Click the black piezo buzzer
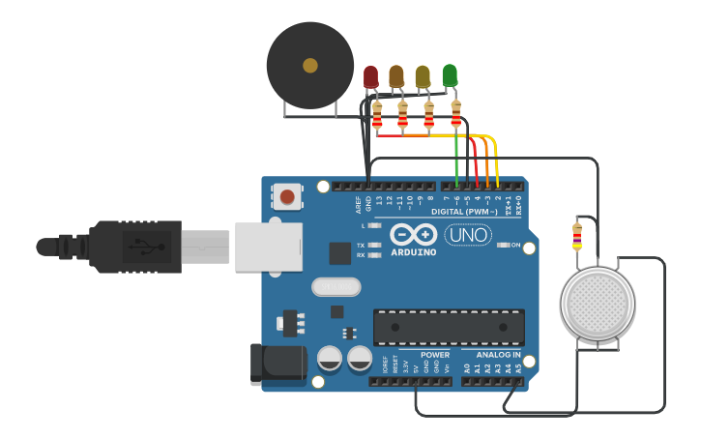(309, 66)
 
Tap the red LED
(371, 76)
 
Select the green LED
(450, 74)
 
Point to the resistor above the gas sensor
(577, 235)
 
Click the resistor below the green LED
(456, 117)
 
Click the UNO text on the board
(468, 234)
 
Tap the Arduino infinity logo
(414, 234)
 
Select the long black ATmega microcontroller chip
(449, 327)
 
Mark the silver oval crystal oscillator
(336, 286)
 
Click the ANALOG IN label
(499, 355)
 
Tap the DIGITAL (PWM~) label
(465, 211)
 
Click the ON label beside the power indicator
(515, 246)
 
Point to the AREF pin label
(358, 204)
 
